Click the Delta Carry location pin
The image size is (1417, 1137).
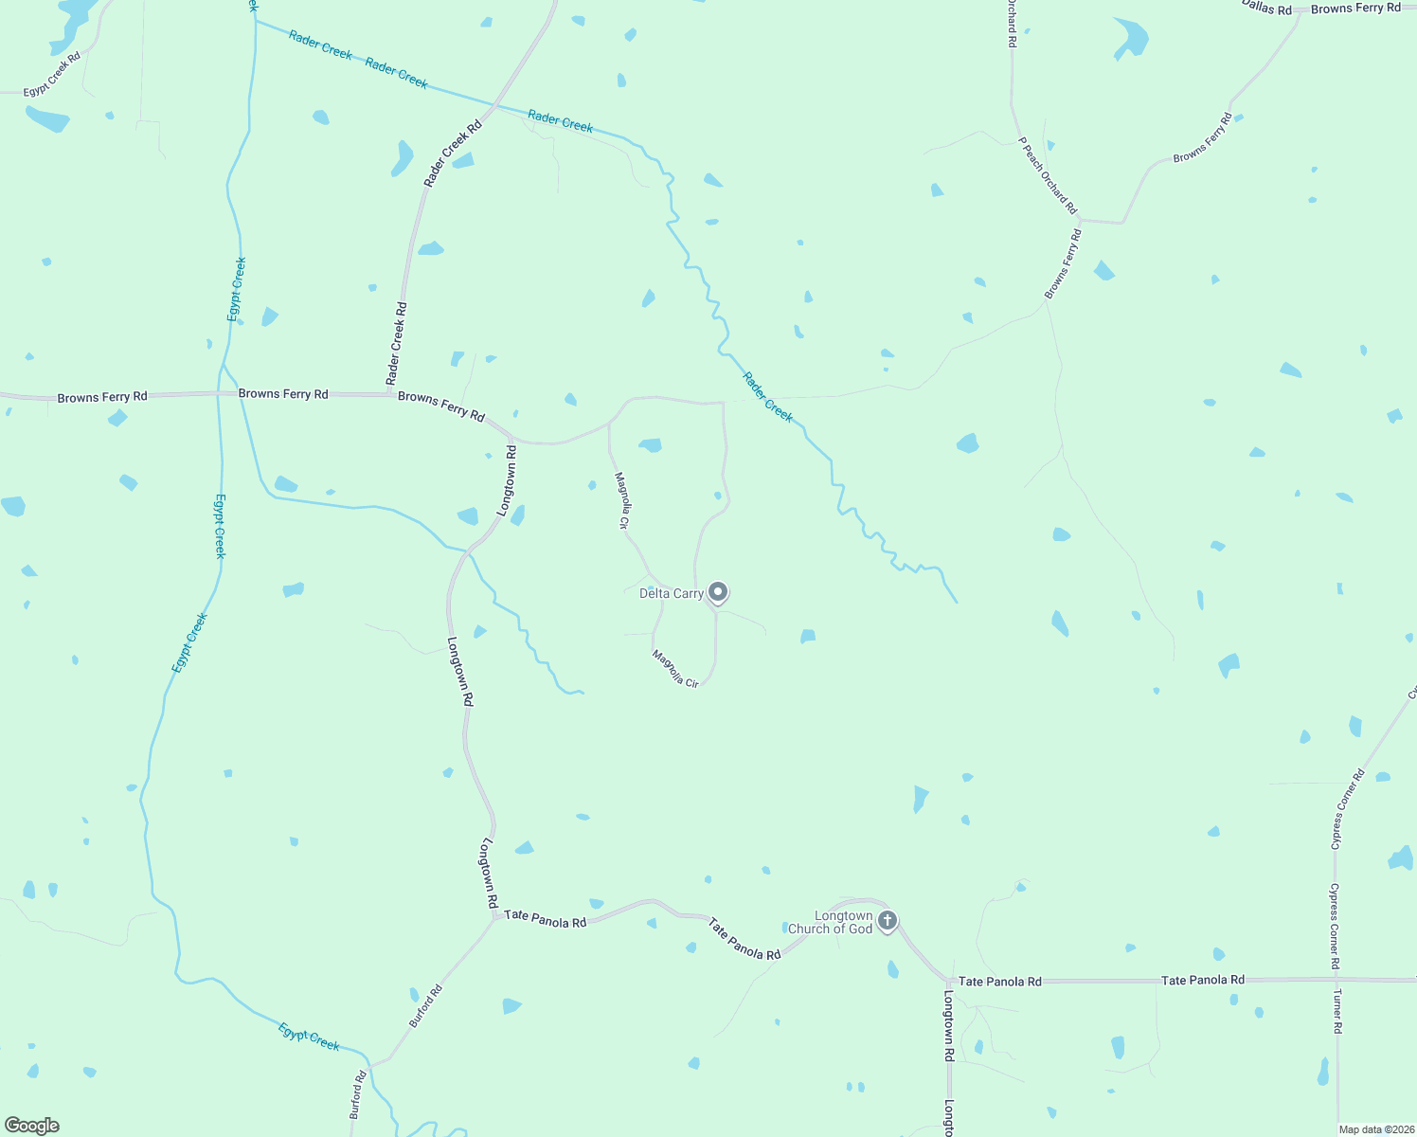(x=718, y=593)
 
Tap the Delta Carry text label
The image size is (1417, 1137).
(x=671, y=594)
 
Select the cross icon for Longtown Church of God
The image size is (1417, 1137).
(x=888, y=920)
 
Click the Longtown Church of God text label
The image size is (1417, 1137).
(x=830, y=923)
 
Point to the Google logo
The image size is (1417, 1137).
(x=32, y=1126)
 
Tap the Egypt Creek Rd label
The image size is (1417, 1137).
(x=52, y=74)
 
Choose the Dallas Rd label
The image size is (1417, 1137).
(x=1266, y=8)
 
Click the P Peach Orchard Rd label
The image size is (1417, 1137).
(x=1048, y=175)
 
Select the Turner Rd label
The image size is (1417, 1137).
(x=1337, y=1011)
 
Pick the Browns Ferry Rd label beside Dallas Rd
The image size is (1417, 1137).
(x=1355, y=9)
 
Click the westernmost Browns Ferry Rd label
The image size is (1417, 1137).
(x=102, y=397)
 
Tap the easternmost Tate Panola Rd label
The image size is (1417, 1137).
(x=1203, y=981)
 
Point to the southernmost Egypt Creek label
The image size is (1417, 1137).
(x=309, y=1037)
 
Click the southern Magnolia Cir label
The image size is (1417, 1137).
(x=675, y=668)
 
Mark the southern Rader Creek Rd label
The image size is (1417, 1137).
(x=397, y=343)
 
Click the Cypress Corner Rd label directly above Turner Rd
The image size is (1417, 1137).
(x=1335, y=926)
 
